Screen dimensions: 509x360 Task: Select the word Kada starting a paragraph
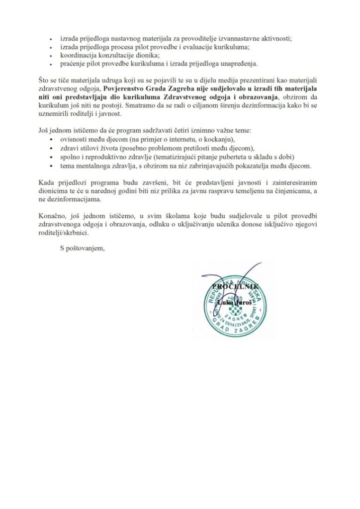[46, 182]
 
